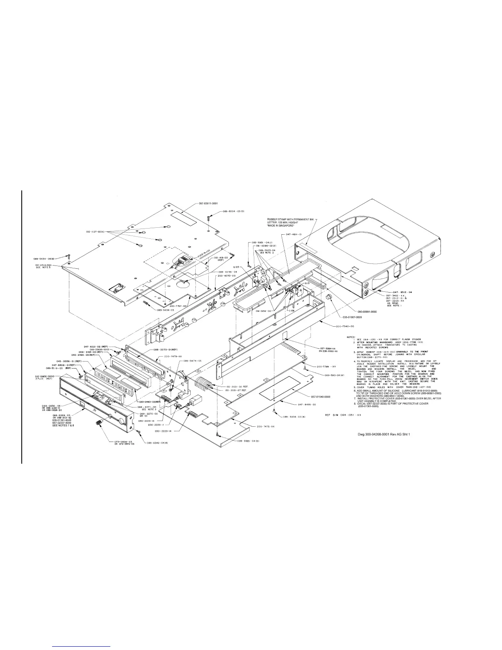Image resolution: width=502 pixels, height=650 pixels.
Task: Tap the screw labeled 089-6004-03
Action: coord(209,218)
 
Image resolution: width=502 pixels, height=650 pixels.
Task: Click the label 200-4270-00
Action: coord(226,276)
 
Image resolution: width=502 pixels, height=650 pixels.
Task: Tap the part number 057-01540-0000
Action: coord(321,397)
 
